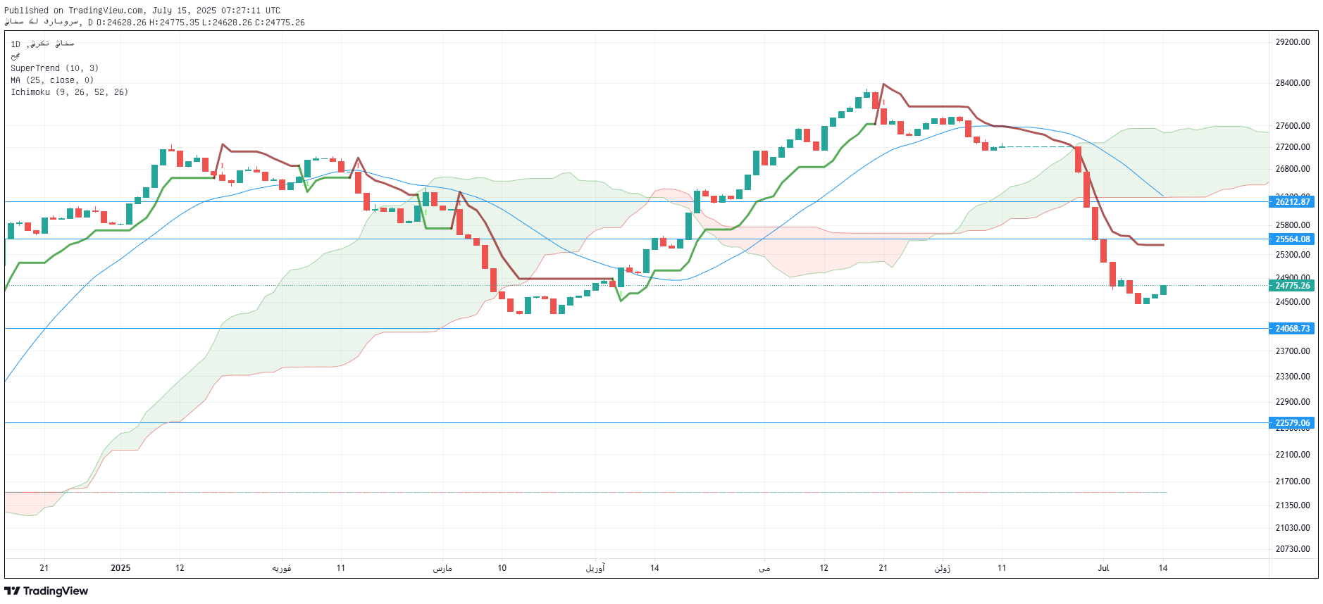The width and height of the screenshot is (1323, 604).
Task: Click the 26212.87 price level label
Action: pos(1293,202)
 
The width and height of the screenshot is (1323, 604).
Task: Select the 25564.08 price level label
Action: pos(1293,239)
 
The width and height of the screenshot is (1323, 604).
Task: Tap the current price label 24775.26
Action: pos(1293,286)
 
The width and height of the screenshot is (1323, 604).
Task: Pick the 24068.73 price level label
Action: pos(1293,329)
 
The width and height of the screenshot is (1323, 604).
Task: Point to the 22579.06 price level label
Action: pos(1293,423)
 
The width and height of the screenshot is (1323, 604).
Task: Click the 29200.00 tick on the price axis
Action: pos(1293,42)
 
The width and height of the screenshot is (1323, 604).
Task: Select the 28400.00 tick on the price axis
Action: pos(1293,83)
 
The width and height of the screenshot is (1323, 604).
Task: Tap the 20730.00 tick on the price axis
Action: pos(1293,549)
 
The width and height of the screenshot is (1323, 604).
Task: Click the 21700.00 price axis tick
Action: pos(1293,482)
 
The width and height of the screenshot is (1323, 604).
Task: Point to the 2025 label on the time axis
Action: pos(120,568)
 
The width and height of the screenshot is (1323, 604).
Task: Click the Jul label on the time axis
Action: pos(1103,568)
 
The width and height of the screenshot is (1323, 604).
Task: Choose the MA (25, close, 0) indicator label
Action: pos(52,80)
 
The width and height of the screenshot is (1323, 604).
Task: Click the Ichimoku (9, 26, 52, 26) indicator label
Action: pos(69,92)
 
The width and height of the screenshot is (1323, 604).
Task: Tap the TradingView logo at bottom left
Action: pos(46,591)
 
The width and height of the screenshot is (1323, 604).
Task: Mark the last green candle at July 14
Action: pos(1163,290)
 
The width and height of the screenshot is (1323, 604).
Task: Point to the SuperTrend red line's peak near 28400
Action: pos(883,84)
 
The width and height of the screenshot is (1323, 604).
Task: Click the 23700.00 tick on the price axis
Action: pos(1293,351)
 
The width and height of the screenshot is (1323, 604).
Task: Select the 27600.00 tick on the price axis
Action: pos(1293,126)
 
